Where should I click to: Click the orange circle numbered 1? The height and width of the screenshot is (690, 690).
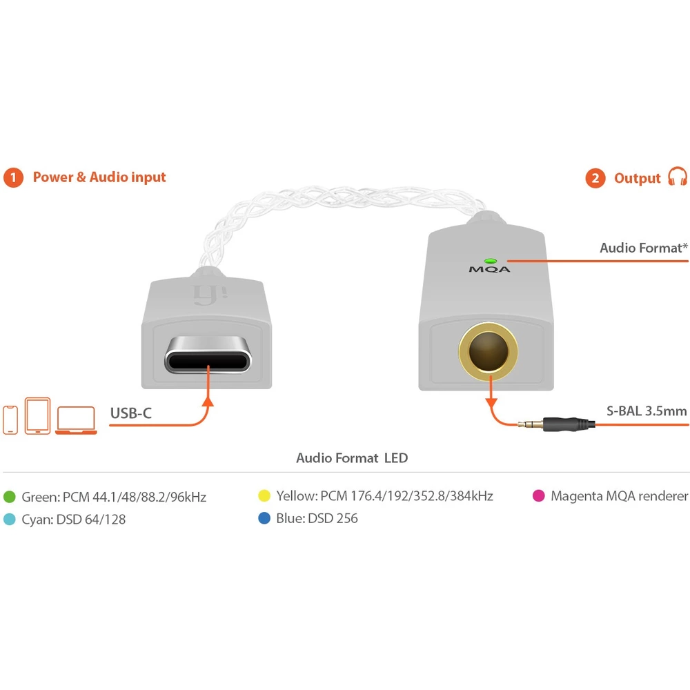[x=13, y=178]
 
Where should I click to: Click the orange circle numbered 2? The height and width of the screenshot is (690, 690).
[x=595, y=179]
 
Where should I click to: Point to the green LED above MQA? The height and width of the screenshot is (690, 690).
[x=490, y=262]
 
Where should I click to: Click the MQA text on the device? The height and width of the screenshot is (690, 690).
[x=490, y=270]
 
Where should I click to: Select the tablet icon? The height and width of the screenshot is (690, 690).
[x=37, y=415]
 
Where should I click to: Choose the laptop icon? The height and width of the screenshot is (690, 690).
[x=76, y=420]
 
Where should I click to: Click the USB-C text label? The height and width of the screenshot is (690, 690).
[x=131, y=414]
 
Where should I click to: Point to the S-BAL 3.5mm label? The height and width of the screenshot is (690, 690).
[x=647, y=411]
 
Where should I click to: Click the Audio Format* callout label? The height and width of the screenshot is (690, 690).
[x=643, y=248]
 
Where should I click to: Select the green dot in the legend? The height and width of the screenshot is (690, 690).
[x=10, y=497]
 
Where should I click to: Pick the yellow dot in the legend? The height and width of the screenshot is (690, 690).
[x=264, y=496]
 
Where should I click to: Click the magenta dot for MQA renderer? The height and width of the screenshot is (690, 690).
[x=539, y=496]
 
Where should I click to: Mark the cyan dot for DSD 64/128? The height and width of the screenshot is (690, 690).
[x=10, y=520]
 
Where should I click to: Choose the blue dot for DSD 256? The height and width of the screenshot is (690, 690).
[x=264, y=518]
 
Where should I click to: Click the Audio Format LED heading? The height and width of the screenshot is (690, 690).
[x=352, y=458]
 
